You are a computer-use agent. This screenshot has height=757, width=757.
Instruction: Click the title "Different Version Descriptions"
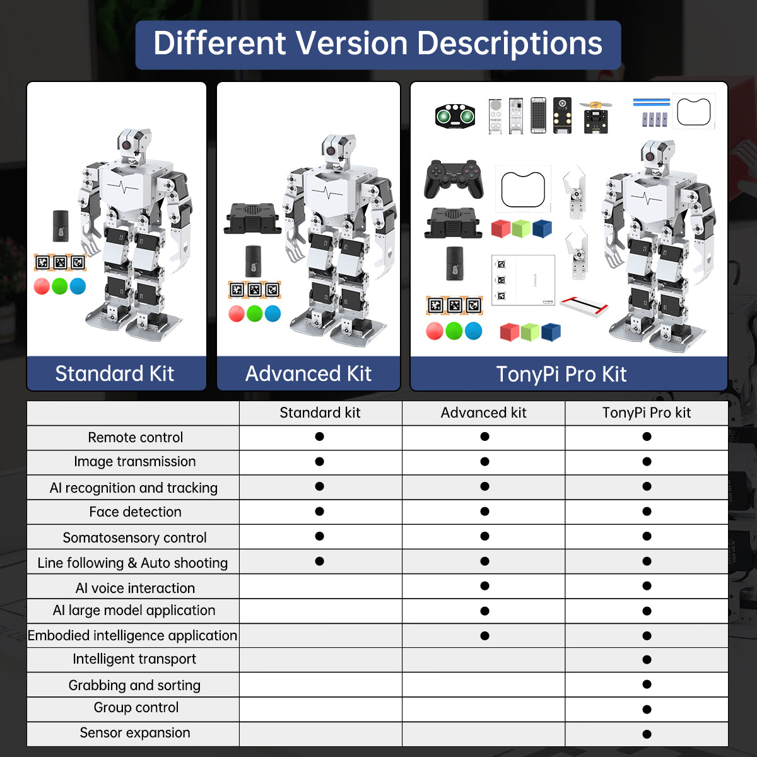point(378,44)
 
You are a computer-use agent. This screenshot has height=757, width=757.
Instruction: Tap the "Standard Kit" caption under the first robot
point(115,373)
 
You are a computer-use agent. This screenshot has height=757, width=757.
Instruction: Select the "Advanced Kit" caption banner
point(308,373)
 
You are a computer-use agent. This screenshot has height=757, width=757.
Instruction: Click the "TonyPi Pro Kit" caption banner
point(561,374)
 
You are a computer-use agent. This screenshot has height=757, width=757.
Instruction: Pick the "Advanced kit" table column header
point(483,413)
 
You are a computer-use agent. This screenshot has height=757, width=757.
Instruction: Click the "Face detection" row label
point(135,512)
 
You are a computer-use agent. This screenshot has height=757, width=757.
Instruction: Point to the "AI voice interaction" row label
point(135,588)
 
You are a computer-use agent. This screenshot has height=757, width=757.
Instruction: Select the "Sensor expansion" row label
point(135,732)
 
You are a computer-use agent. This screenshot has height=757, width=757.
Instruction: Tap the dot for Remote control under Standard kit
point(320,437)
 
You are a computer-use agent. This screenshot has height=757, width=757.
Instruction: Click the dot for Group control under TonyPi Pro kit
point(647,709)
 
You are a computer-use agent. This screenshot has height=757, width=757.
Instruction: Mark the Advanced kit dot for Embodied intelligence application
point(484,636)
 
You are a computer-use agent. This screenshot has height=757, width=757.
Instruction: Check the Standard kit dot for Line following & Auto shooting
point(320,561)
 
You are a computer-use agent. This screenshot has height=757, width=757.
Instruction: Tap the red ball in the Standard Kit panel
point(42,286)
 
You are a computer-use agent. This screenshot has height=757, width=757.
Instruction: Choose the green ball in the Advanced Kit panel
point(255,314)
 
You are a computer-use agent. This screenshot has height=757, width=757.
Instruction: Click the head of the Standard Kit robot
point(134,144)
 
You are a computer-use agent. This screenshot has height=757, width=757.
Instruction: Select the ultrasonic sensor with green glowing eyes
point(455,116)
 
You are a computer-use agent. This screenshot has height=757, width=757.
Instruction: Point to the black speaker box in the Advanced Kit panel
point(252,218)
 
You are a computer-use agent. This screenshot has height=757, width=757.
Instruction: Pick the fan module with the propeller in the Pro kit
point(596,116)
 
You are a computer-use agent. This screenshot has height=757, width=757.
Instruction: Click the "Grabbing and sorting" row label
point(135,685)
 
